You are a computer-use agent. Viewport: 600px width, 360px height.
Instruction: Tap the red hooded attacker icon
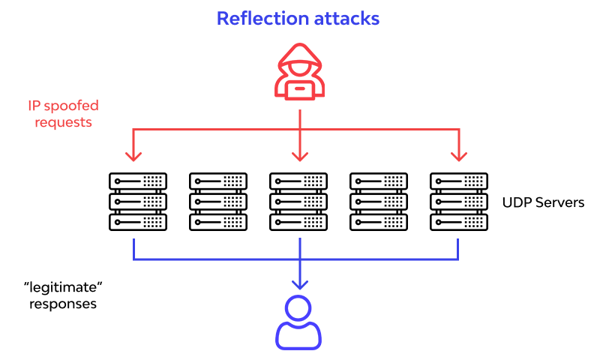[300, 71]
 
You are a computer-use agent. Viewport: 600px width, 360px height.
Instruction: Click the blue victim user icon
[299, 322]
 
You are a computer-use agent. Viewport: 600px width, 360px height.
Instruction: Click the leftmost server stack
[138, 202]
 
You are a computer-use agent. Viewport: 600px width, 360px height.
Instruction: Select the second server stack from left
[218, 202]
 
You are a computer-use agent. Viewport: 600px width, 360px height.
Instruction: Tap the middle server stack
[298, 202]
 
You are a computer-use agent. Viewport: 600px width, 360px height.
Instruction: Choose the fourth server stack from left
[379, 202]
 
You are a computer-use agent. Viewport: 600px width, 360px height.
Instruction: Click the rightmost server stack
[459, 202]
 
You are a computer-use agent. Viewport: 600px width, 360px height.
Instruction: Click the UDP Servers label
[544, 202]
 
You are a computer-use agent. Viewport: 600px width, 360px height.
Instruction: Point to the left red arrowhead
[133, 156]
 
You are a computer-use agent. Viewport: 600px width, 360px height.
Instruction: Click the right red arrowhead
[459, 156]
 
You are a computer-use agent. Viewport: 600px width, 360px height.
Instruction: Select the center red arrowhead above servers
[300, 156]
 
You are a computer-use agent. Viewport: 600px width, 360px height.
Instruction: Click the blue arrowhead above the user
[300, 284]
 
